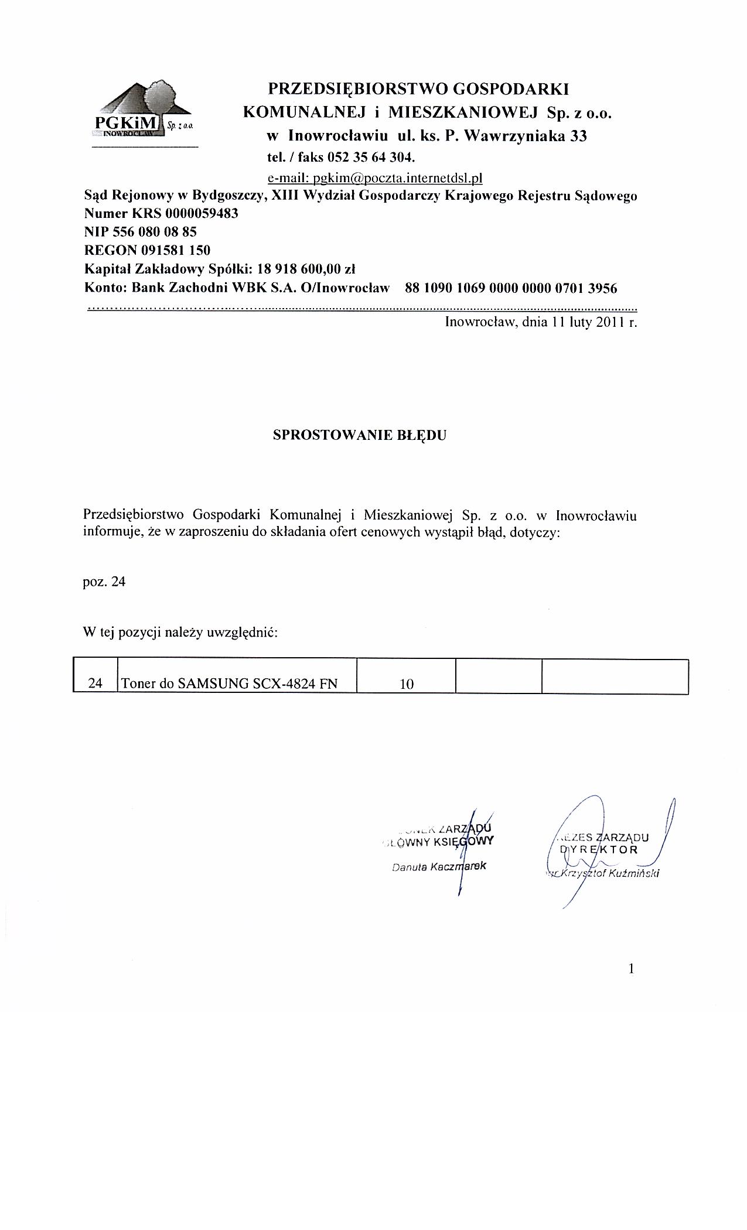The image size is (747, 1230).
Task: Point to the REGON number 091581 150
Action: coord(175,251)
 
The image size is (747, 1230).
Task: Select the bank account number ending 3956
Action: coord(510,288)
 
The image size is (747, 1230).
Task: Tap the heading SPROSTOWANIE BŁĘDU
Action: coord(360,436)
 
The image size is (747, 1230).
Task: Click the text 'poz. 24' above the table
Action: coord(104,582)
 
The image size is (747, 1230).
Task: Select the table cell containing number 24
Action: coord(95,683)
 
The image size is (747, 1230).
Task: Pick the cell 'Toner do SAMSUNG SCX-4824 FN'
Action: coord(228,683)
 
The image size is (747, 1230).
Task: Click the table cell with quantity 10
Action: coord(407,683)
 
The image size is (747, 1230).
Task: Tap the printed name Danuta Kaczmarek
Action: coord(439,866)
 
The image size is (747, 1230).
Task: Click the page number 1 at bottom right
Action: coord(631,969)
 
